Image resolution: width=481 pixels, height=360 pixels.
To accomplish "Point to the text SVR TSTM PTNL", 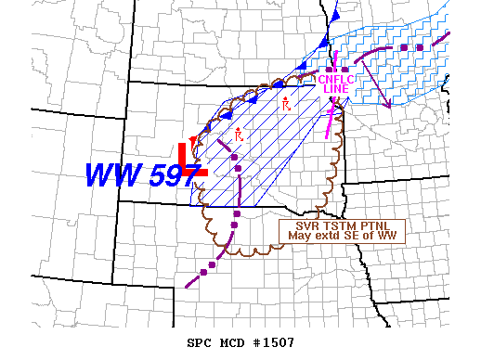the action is (344, 225).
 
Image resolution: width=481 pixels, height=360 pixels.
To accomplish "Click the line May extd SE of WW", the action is (344, 236).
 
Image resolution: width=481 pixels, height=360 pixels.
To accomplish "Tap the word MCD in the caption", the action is (233, 343).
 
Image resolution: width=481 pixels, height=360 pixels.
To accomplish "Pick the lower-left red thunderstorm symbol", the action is (239, 135).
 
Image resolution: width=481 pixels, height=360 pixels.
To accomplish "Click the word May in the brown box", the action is (298, 236).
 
